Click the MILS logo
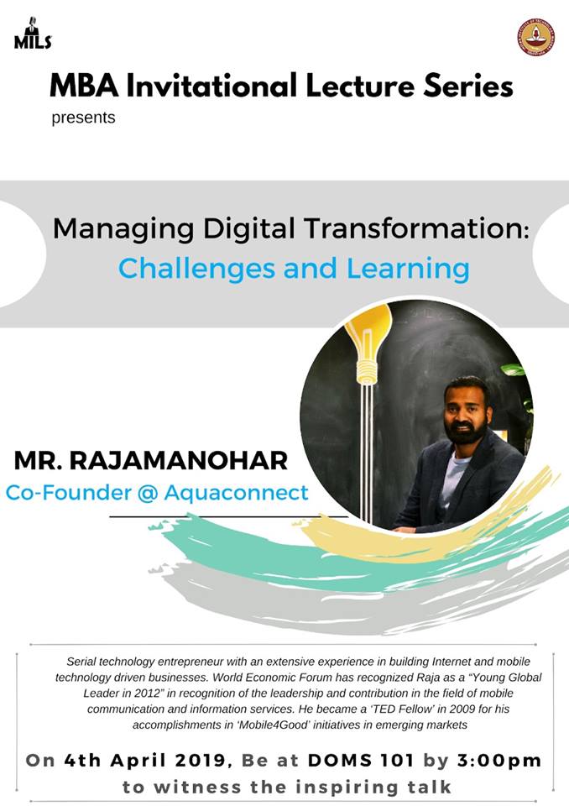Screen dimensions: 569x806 (x=33, y=34)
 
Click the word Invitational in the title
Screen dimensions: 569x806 (x=211, y=86)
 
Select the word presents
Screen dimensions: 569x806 (x=83, y=118)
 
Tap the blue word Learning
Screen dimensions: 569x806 (x=408, y=269)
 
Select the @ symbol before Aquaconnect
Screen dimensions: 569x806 (x=148, y=493)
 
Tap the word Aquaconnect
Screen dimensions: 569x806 (x=236, y=493)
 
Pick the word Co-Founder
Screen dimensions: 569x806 (x=68, y=493)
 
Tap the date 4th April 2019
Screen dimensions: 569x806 (x=145, y=761)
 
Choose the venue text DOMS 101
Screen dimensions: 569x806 (x=361, y=761)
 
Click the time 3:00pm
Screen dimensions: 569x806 (x=499, y=761)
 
